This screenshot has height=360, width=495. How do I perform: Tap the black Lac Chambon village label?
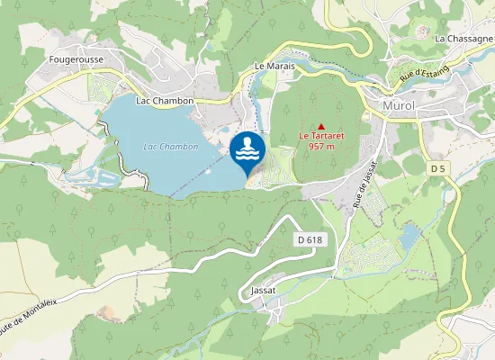[165, 101]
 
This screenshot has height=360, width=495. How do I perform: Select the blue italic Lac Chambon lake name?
[171, 147]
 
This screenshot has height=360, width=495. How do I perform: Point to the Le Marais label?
[274, 67]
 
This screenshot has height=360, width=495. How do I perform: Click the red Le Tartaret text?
[322, 136]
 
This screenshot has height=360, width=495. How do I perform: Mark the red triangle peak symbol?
[321, 126]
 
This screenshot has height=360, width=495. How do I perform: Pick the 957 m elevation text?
[322, 146]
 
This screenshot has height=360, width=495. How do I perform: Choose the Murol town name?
[399, 106]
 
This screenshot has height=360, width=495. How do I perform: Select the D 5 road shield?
[438, 169]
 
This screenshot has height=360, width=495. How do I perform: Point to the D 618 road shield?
[309, 240]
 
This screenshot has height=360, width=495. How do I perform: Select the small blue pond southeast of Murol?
[410, 237]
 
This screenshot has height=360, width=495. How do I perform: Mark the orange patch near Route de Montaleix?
[109, 313]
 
